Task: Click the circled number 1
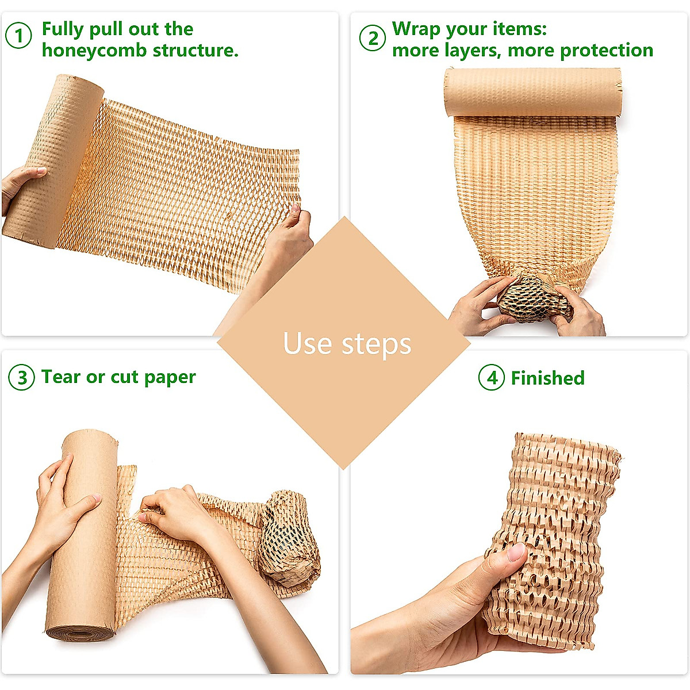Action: (x=19, y=36)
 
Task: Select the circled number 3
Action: (x=22, y=378)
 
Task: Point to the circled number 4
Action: (x=491, y=378)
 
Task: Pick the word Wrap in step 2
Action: (x=415, y=28)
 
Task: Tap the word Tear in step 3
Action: (x=60, y=377)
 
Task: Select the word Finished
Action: (x=547, y=378)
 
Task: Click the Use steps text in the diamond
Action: (x=347, y=343)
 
